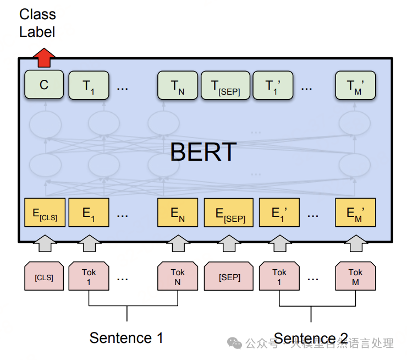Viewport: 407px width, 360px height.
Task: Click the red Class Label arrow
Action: pos(44,56)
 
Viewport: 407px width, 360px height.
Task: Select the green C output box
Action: pos(44,85)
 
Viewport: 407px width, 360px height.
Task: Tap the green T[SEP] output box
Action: pos(225,85)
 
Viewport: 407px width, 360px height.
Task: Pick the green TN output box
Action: pos(177,85)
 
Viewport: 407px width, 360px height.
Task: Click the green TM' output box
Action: pos(355,85)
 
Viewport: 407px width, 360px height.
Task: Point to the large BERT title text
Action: pos(203,151)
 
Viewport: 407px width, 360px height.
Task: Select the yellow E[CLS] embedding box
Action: pos(45,214)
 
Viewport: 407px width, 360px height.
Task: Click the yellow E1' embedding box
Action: pos(279,214)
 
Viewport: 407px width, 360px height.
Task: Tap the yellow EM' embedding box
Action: pos(355,214)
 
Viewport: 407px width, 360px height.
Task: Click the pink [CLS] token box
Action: pos(44,277)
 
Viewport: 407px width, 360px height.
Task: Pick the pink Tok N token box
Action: pos(177,277)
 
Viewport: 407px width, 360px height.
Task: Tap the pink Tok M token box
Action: pos(355,277)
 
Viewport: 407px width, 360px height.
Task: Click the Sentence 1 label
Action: pos(126,337)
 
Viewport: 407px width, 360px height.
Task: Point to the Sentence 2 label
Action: pos(311,338)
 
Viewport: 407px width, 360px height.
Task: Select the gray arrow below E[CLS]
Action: pos(44,243)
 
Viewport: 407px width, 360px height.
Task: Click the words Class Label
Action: pos(37,23)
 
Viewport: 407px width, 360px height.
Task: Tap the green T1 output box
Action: pos(89,85)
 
